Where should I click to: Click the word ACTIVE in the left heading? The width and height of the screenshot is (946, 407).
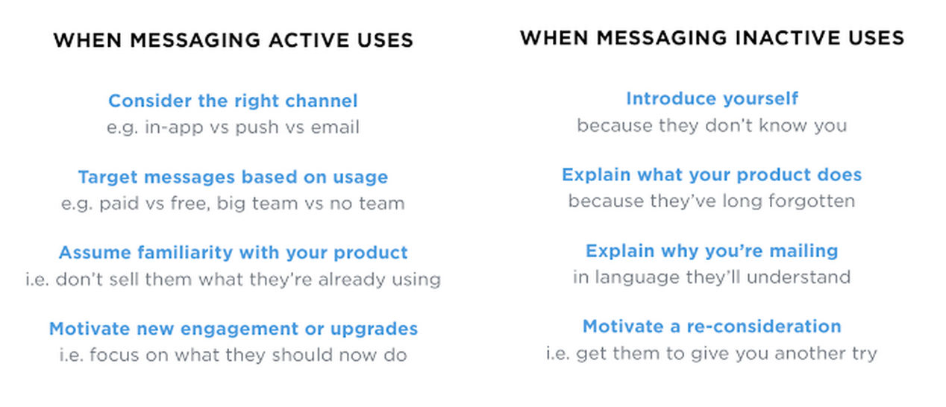point(309,40)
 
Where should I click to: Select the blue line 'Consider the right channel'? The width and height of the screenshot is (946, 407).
point(233,101)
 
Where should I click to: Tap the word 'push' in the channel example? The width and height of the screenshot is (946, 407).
point(257,127)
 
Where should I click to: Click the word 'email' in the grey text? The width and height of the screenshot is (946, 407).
point(335,127)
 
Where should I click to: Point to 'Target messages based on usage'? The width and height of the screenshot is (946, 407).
point(233,177)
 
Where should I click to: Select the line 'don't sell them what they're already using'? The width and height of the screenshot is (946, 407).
point(248,280)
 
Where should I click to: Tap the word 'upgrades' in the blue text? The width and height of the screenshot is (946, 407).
point(374,329)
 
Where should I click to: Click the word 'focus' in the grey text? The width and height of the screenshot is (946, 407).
point(114,355)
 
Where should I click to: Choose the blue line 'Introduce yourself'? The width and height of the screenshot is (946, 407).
point(712,98)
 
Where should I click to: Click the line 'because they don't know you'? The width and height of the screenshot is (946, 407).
point(712,125)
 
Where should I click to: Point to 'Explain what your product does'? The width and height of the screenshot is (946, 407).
point(712,174)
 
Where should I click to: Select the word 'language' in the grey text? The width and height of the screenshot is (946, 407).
point(637,277)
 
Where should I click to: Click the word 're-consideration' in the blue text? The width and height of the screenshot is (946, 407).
point(764,326)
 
